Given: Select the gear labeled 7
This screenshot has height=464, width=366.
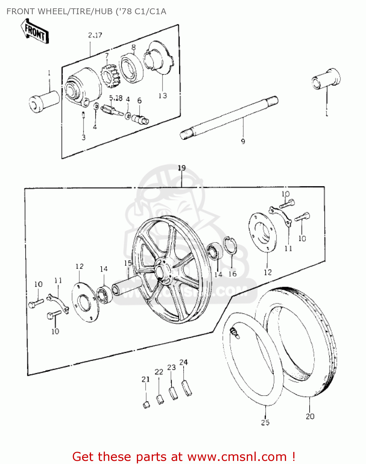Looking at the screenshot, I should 110,76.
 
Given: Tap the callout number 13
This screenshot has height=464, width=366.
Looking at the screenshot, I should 163,96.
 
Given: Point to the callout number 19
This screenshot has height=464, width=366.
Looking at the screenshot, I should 182,168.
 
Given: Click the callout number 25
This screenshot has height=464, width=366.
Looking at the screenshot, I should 265,423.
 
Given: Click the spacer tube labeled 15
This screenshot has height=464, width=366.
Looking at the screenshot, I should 127,286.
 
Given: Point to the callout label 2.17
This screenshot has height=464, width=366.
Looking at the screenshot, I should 95,35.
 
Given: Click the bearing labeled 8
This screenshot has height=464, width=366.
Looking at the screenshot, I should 132,68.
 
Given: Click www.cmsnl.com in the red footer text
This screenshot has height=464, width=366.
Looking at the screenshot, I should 237,457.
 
